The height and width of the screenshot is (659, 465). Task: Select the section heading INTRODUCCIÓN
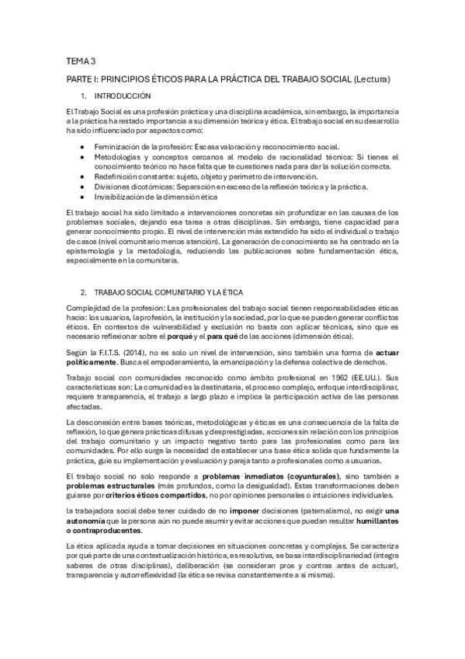tap(122, 96)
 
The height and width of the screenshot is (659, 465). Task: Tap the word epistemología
tap(92, 252)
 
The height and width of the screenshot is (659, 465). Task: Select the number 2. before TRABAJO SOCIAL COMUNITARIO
tap(84, 291)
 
